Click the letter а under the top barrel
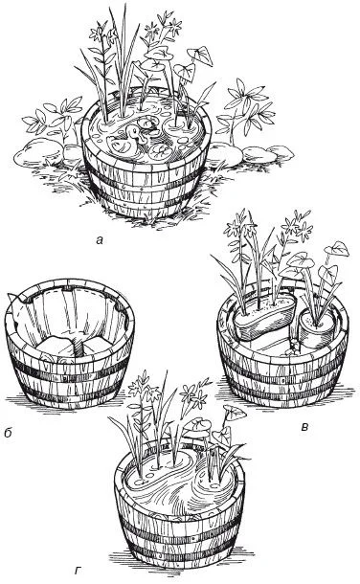pyautogui.click(x=99, y=240)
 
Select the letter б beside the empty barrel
pyautogui.click(x=9, y=433)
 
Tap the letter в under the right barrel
pyautogui.click(x=304, y=428)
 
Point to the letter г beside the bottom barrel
pyautogui.click(x=79, y=571)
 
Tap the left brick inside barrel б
pyautogui.click(x=56, y=347)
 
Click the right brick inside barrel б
pyautogui.click(x=98, y=347)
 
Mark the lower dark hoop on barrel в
pyautogui.click(x=283, y=390)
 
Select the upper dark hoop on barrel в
pyautogui.click(x=283, y=369)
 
